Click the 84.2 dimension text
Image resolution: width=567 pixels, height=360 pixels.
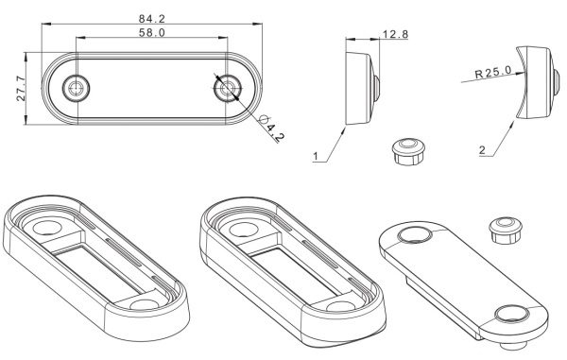click(152, 19)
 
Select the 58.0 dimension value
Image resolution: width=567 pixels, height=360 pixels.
click(152, 33)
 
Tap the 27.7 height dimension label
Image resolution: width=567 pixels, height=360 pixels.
click(21, 88)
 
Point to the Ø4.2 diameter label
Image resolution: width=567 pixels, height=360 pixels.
click(272, 129)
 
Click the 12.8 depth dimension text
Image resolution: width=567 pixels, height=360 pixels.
click(396, 34)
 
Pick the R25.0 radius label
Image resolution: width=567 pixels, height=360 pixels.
click(493, 74)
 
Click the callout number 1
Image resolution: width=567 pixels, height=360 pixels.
click(316, 156)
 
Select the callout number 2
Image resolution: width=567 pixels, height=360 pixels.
click(482, 150)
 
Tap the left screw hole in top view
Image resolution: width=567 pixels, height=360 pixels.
click(76, 88)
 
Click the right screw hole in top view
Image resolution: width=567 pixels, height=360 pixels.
click(228, 88)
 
